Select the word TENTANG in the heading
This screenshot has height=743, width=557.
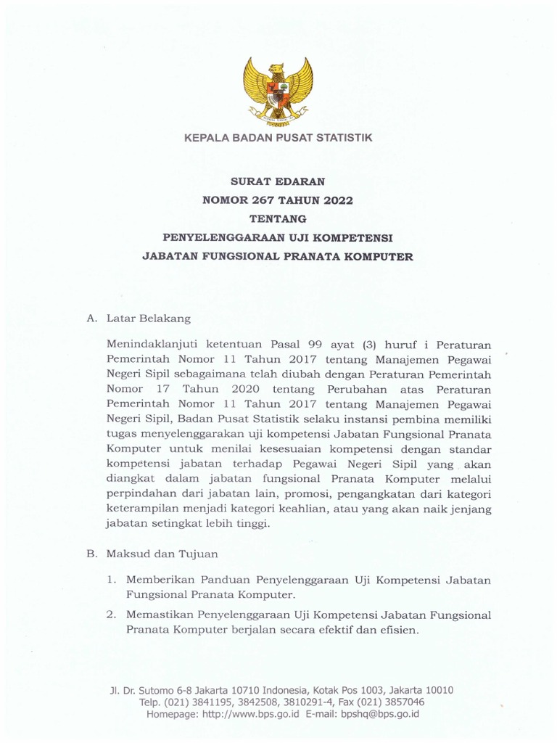pos(278,218)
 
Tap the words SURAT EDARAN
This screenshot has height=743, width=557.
pos(278,182)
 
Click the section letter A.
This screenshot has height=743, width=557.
pos(91,318)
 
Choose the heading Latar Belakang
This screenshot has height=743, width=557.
pos(149,318)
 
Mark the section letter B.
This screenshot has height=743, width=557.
pos(91,554)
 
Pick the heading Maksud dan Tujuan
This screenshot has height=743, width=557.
pos(162,554)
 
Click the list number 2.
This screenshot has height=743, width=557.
pos(110,615)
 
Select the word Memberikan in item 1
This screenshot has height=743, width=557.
pos(160,580)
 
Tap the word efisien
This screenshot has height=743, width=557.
pos(397,631)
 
